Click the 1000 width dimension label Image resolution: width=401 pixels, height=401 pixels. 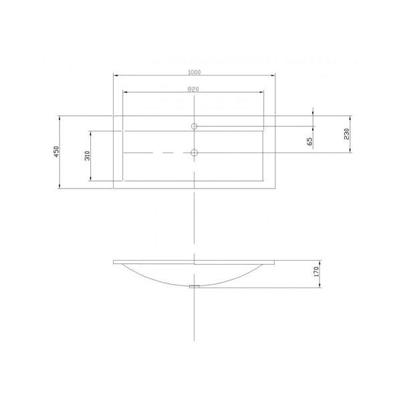[194, 72]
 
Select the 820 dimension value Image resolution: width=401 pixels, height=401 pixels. [194, 88]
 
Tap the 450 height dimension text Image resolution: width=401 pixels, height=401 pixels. [57, 152]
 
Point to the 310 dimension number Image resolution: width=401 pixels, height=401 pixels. [86, 156]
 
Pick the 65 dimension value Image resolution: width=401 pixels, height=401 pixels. [309, 141]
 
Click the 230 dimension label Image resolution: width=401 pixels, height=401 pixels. [346, 134]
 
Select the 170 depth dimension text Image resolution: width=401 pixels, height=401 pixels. [316, 273]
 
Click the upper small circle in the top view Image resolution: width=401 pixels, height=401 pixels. [194, 126]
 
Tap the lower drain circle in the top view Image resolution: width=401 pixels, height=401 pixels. [194, 153]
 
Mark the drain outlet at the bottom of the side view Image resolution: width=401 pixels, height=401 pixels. [194, 285]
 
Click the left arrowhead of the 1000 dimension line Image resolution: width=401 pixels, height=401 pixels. [114, 75]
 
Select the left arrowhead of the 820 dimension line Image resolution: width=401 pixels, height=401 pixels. [125, 92]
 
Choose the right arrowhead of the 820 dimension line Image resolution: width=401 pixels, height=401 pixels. [264, 92]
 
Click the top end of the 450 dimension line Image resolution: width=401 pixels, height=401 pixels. [61, 115]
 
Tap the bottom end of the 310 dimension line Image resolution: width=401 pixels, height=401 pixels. [91, 180]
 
